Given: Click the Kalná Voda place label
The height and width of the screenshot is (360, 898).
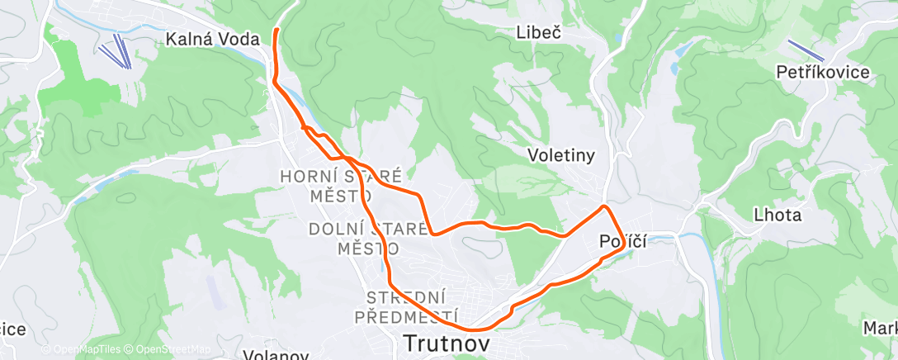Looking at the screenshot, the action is pyautogui.click(x=212, y=39).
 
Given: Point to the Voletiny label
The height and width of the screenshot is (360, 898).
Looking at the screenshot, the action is pyautogui.click(x=561, y=155).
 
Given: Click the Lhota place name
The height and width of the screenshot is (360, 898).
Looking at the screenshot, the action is pyautogui.click(x=777, y=216).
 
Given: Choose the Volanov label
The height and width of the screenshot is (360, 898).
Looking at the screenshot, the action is pyautogui.click(x=276, y=356).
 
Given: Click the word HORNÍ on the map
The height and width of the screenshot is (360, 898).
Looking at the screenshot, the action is pyautogui.click(x=309, y=177).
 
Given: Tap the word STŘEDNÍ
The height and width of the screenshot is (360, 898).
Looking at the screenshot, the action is pyautogui.click(x=407, y=297).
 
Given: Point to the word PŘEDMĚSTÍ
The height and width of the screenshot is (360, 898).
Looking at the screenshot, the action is pyautogui.click(x=406, y=316).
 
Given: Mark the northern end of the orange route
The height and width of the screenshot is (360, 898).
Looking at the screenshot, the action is pyautogui.click(x=276, y=30).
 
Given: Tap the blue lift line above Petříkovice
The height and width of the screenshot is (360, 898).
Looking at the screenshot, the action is pyautogui.click(x=805, y=50).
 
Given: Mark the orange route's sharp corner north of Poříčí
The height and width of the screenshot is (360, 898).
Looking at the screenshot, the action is pyautogui.click(x=606, y=206).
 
